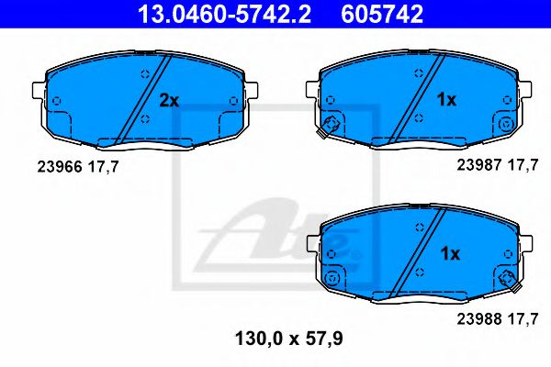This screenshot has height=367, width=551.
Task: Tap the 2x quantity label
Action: pyautogui.click(x=168, y=100)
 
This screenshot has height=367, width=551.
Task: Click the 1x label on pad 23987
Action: pyautogui.click(x=445, y=100)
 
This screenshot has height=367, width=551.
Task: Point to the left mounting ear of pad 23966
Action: pyautogui.click(x=38, y=91)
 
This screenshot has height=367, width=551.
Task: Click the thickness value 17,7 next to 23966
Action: pyautogui.click(x=103, y=166)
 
